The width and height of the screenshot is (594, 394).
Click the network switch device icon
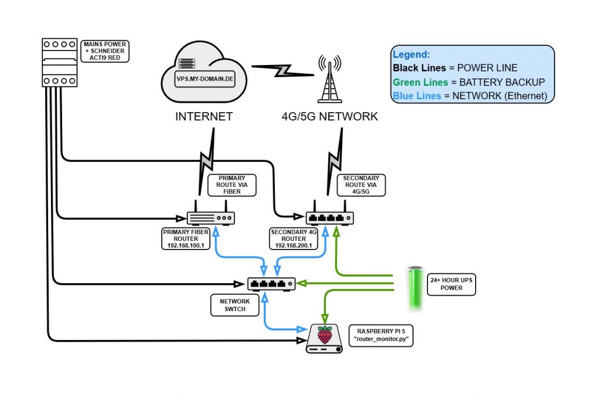271,284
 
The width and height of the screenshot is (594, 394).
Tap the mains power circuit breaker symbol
60,63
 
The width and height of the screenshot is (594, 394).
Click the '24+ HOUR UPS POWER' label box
451,283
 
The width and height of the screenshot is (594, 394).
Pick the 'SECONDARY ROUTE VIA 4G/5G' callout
361,184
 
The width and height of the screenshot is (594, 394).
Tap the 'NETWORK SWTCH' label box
235,305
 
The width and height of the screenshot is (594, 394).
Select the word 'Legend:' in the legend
411,55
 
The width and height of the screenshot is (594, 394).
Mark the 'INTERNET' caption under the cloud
204,117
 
